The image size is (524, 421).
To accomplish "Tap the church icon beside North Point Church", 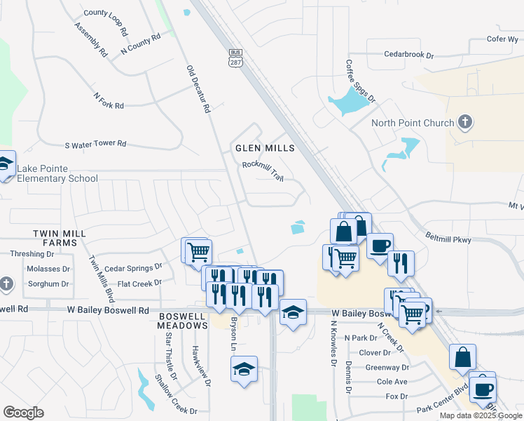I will tap(464, 123).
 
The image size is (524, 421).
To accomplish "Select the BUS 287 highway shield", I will tap(235, 58).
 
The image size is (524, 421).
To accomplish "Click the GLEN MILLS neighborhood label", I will tap(264, 148).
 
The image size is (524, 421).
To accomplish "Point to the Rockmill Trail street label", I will tap(262, 171).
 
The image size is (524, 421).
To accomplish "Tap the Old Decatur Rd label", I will tap(198, 90).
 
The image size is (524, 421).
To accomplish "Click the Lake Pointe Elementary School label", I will tap(57, 173).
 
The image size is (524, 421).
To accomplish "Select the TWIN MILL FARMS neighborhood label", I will tap(60, 237).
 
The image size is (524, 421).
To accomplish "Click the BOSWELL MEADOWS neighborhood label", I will tap(181, 321).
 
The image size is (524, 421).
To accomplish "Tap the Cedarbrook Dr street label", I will tap(409, 54).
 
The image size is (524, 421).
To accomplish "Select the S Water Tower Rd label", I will tap(95, 144).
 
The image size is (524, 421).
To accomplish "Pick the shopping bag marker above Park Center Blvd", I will tap(463, 357).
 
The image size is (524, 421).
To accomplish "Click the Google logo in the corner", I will tap(23, 413).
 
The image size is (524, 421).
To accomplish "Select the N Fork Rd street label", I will tap(109, 100).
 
